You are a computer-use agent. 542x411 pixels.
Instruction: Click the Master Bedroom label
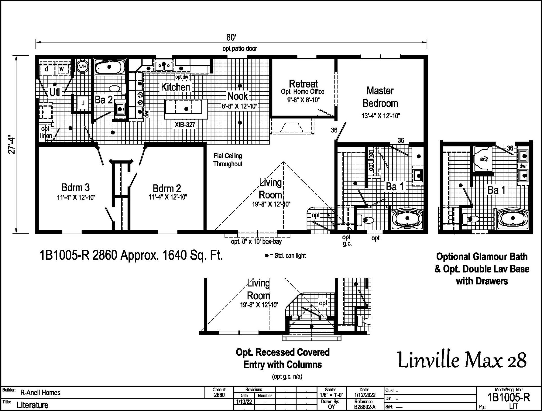(x=380, y=97)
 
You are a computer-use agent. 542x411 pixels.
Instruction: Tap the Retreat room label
(x=303, y=84)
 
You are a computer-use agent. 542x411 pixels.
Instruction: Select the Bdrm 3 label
(x=75, y=187)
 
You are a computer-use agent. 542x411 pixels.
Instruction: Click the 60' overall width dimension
(x=231, y=37)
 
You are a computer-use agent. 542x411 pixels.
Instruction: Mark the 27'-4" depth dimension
(x=12, y=145)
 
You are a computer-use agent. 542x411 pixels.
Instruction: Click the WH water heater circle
(x=83, y=67)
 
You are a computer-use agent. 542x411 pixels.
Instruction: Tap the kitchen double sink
(x=164, y=66)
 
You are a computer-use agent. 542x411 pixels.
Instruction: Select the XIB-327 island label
(x=185, y=124)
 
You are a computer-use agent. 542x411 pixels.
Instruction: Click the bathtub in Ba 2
(x=109, y=67)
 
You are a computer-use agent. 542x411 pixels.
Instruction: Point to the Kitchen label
(x=175, y=87)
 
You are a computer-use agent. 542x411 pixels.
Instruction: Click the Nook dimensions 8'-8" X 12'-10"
(x=239, y=106)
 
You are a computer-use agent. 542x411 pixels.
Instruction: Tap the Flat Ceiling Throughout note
(x=228, y=160)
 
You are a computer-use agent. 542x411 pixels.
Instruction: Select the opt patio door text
(x=240, y=48)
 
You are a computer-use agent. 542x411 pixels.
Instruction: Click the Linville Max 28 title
(x=462, y=361)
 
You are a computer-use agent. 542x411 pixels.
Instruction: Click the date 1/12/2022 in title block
(x=364, y=395)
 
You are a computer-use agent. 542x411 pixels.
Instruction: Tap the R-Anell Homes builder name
(x=40, y=392)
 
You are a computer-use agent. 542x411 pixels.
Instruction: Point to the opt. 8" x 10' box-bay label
(x=256, y=242)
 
